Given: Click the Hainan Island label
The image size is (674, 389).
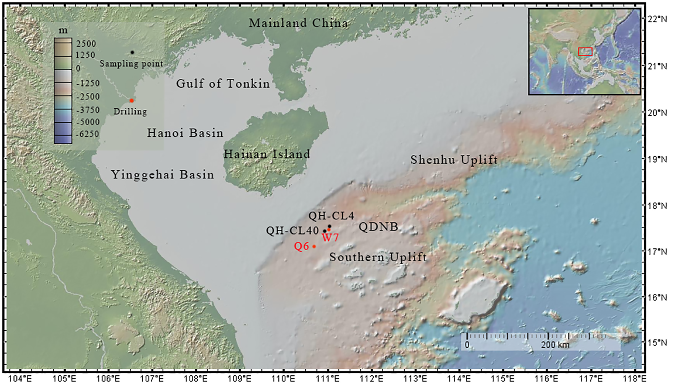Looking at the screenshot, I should pos(267,154).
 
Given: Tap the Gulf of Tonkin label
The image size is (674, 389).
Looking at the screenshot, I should pos(223,84).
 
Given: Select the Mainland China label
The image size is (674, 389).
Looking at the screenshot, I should pos(298,23).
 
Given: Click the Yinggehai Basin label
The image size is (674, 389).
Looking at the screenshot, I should pos(162,175).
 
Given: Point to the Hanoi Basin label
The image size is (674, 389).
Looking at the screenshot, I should pos(185,133).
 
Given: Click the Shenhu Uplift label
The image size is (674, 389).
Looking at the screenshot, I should pos(454,160).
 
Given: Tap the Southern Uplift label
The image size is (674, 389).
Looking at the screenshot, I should pos(378,257).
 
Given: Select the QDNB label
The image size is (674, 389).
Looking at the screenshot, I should pos(378,227).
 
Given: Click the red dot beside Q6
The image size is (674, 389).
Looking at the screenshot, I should pos(314,246).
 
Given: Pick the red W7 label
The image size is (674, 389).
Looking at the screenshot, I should pos(330,238).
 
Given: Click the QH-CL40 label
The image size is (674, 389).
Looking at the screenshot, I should pos(292,231).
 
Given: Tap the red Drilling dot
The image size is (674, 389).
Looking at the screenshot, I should pos(132,101).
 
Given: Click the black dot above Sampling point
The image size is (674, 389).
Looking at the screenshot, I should pos(132,52).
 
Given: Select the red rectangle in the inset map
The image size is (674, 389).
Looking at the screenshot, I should pos(585,52).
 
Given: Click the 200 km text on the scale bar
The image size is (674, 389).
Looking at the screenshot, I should pos(555,345).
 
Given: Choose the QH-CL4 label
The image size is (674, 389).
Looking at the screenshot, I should pos(331,216).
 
